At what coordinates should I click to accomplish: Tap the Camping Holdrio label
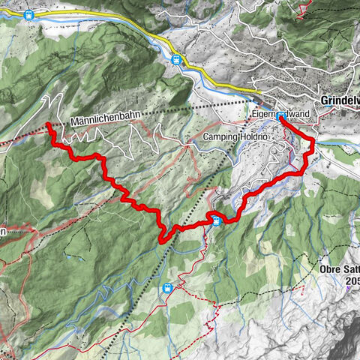click(x=235, y=137)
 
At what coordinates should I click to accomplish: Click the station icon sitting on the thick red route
click(x=216, y=220)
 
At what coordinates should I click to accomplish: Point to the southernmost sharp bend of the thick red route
click(x=162, y=239)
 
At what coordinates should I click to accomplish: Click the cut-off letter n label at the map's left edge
click(x=3, y=232)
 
